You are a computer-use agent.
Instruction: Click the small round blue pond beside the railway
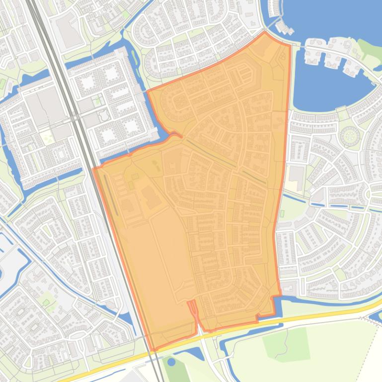click(x=171, y=362)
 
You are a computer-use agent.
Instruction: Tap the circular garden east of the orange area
click(x=350, y=135)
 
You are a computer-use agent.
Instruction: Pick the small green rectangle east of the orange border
click(x=282, y=214)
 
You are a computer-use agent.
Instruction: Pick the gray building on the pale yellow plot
click(x=297, y=174)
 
